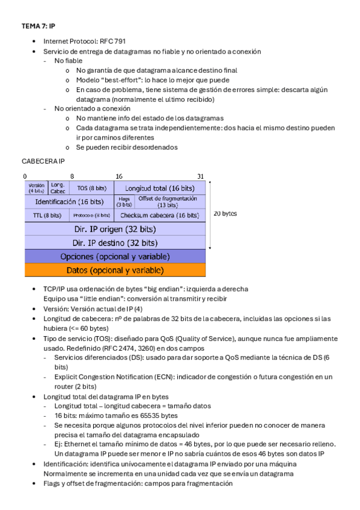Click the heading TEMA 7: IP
38,26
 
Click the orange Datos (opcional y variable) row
115,269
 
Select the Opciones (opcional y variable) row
115,256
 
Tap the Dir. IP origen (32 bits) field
115,229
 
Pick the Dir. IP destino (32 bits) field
115,243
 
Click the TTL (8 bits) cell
47,215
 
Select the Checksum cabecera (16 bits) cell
159,215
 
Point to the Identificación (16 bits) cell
69,201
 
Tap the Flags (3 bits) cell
124,201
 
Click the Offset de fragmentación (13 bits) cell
168,201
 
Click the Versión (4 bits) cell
36,188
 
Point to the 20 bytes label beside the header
225,214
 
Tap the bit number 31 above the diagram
201,176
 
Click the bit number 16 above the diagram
119,176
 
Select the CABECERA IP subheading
43,162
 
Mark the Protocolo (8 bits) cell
91,215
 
